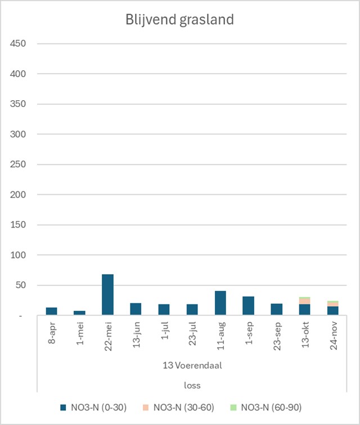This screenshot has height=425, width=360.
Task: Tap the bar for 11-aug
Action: [220, 303]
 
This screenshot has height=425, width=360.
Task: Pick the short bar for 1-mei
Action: [79, 313]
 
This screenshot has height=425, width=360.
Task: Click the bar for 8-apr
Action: [51, 311]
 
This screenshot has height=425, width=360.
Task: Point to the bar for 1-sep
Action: [248, 306]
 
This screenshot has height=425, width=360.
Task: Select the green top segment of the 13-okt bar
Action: [304, 298]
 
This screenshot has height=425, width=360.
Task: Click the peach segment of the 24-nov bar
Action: [332, 304]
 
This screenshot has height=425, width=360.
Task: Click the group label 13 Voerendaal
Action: [192, 365]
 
